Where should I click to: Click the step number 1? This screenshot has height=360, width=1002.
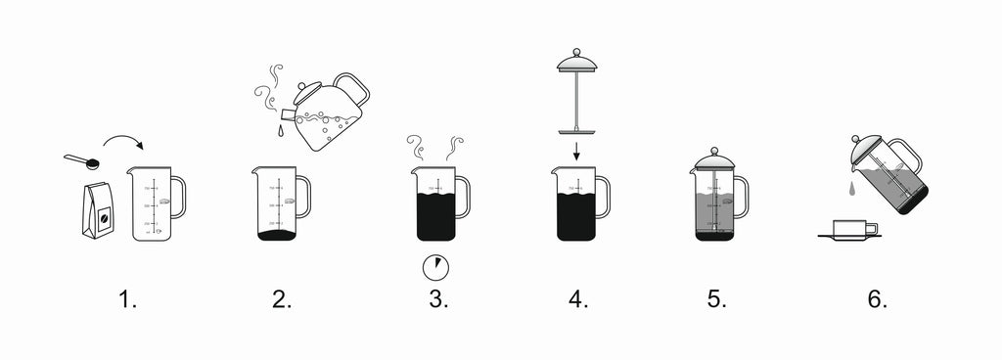coord(127,298)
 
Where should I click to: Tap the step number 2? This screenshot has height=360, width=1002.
coord(282,298)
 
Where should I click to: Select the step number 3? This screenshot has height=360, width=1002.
coord(437,298)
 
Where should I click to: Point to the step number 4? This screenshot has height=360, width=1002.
coord(577,298)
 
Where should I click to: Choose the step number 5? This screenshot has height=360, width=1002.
coord(717,298)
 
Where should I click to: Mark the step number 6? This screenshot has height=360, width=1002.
coord(877,298)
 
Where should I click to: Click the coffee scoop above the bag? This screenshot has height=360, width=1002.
coord(82,160)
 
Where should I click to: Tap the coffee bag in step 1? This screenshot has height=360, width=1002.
coord(98,209)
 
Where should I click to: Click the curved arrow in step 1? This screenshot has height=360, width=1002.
coord(122,139)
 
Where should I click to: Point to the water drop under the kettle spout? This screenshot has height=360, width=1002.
coord(280,131)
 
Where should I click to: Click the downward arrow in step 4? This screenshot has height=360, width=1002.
coord(577,150)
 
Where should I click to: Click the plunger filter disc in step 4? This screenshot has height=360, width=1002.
coord(577,131)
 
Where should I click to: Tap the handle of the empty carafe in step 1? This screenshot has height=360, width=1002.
coord(178,197)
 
